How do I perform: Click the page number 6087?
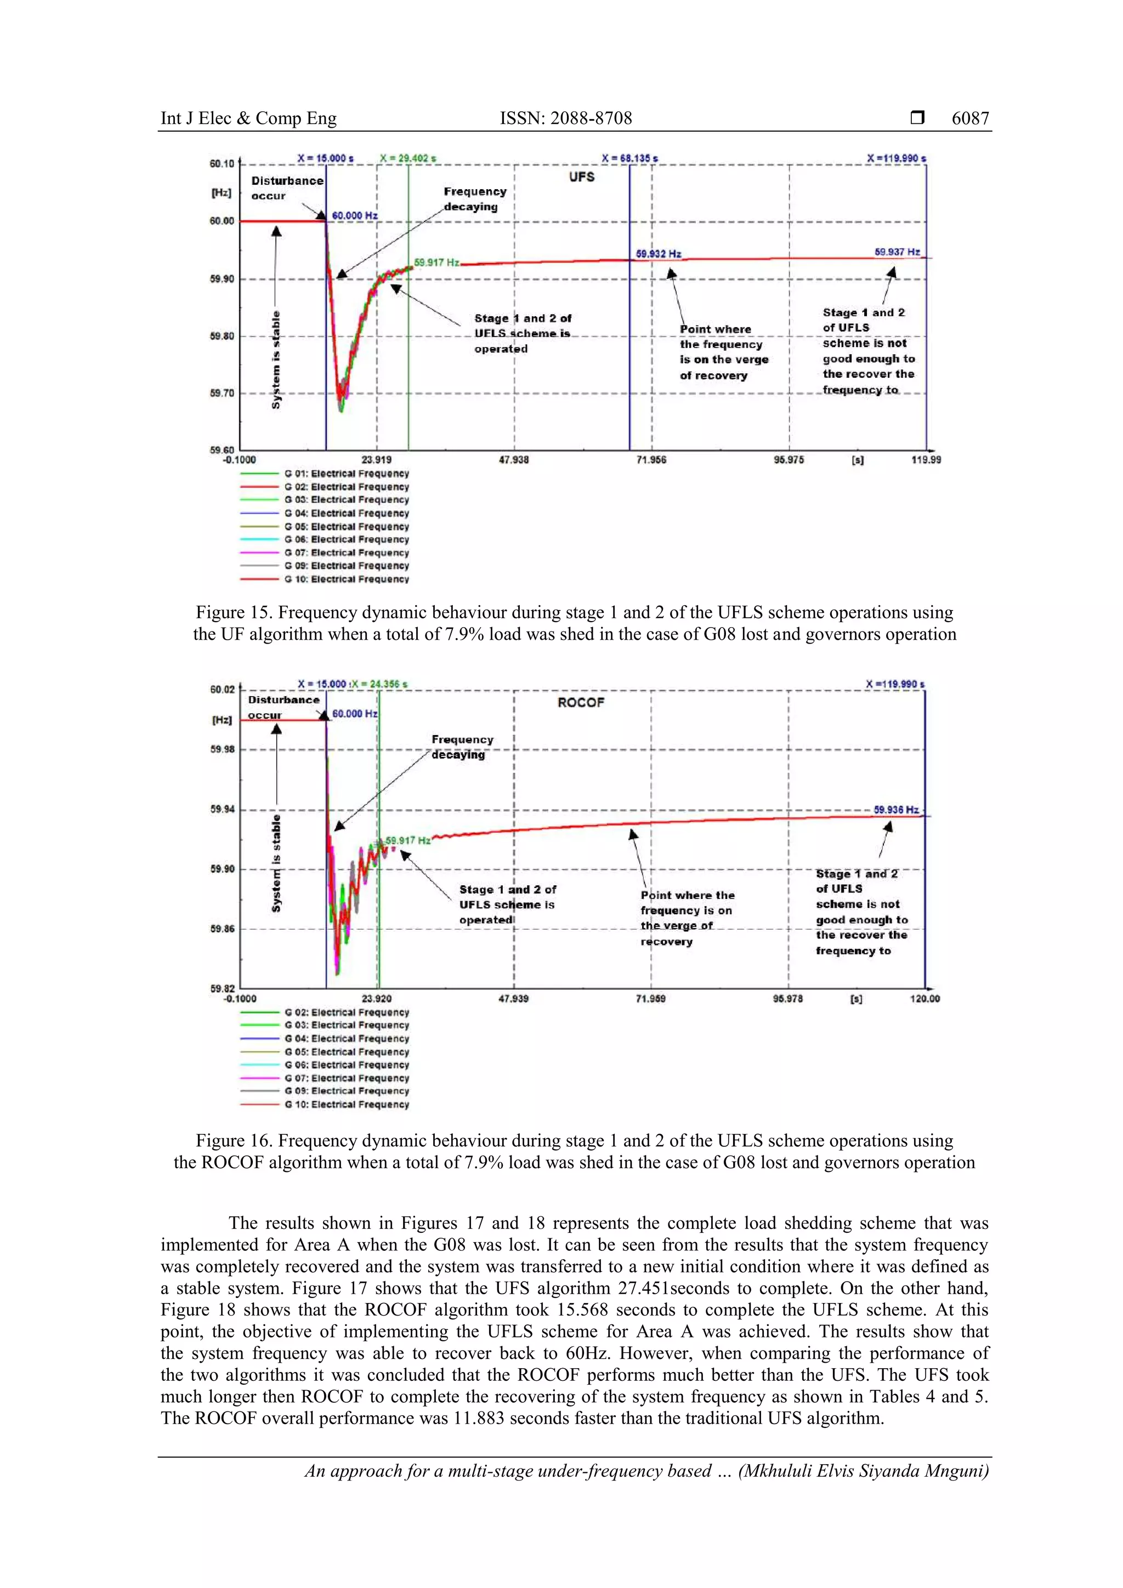pyautogui.click(x=969, y=118)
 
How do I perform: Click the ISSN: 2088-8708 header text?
pyautogui.click(x=565, y=118)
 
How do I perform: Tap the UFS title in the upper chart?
pyautogui.click(x=581, y=177)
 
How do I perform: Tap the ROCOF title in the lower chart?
pyautogui.click(x=581, y=702)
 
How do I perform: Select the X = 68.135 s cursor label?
pyautogui.click(x=629, y=158)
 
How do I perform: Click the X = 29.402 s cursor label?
pyautogui.click(x=407, y=158)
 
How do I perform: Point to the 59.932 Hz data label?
pyautogui.click(x=658, y=254)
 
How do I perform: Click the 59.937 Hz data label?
pyautogui.click(x=897, y=252)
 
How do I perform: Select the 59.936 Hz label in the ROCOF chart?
pyautogui.click(x=895, y=809)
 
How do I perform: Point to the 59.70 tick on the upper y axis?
pyautogui.click(x=222, y=393)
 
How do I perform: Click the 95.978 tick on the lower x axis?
pyautogui.click(x=787, y=999)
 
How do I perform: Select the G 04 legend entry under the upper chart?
pyautogui.click(x=346, y=513)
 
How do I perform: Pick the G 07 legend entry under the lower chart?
pyautogui.click(x=346, y=1078)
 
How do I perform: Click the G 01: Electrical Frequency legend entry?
pyautogui.click(x=346, y=474)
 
